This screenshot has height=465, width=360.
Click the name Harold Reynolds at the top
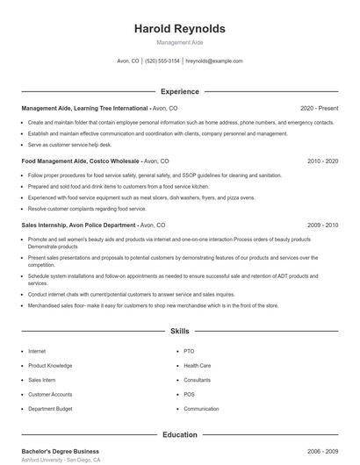179,29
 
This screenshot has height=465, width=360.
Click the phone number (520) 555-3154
162,61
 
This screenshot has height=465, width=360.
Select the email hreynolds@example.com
214,61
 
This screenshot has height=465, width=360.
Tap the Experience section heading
179,91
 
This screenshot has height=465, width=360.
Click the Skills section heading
179,332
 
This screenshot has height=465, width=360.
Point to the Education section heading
179,434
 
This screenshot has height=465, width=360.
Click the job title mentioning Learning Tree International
85,108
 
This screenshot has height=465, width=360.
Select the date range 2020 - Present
319,108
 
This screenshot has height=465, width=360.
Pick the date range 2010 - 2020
322,161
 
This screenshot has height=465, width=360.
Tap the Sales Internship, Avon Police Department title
92,225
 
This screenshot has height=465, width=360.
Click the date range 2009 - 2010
322,225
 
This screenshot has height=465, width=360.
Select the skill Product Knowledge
50,365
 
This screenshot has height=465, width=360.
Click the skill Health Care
197,365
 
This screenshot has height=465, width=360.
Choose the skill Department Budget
51,409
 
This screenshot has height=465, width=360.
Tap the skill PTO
189,351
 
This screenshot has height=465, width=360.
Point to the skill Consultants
198,380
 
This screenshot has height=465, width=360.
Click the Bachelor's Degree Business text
61,450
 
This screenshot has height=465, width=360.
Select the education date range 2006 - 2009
322,450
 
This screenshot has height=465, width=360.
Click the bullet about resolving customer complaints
87,209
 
